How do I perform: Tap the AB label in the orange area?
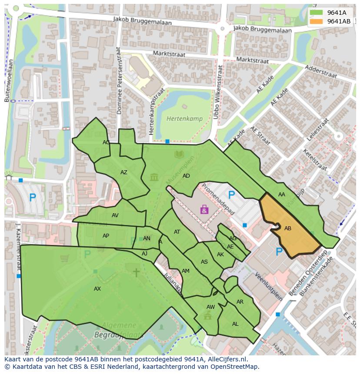tap(288, 228)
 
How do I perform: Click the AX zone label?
tap(97, 288)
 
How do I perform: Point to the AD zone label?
tap(186, 176)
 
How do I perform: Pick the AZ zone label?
tap(124, 172)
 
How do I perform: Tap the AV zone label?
tap(115, 215)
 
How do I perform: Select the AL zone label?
tap(235, 324)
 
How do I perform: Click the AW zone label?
tap(210, 307)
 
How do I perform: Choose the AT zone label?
tap(177, 232)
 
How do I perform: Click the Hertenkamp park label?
tap(181, 118)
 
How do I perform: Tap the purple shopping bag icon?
tap(204, 210)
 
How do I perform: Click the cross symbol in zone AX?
tap(136, 272)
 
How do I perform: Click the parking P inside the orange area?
tap(279, 252)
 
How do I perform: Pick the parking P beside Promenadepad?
tap(231, 195)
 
